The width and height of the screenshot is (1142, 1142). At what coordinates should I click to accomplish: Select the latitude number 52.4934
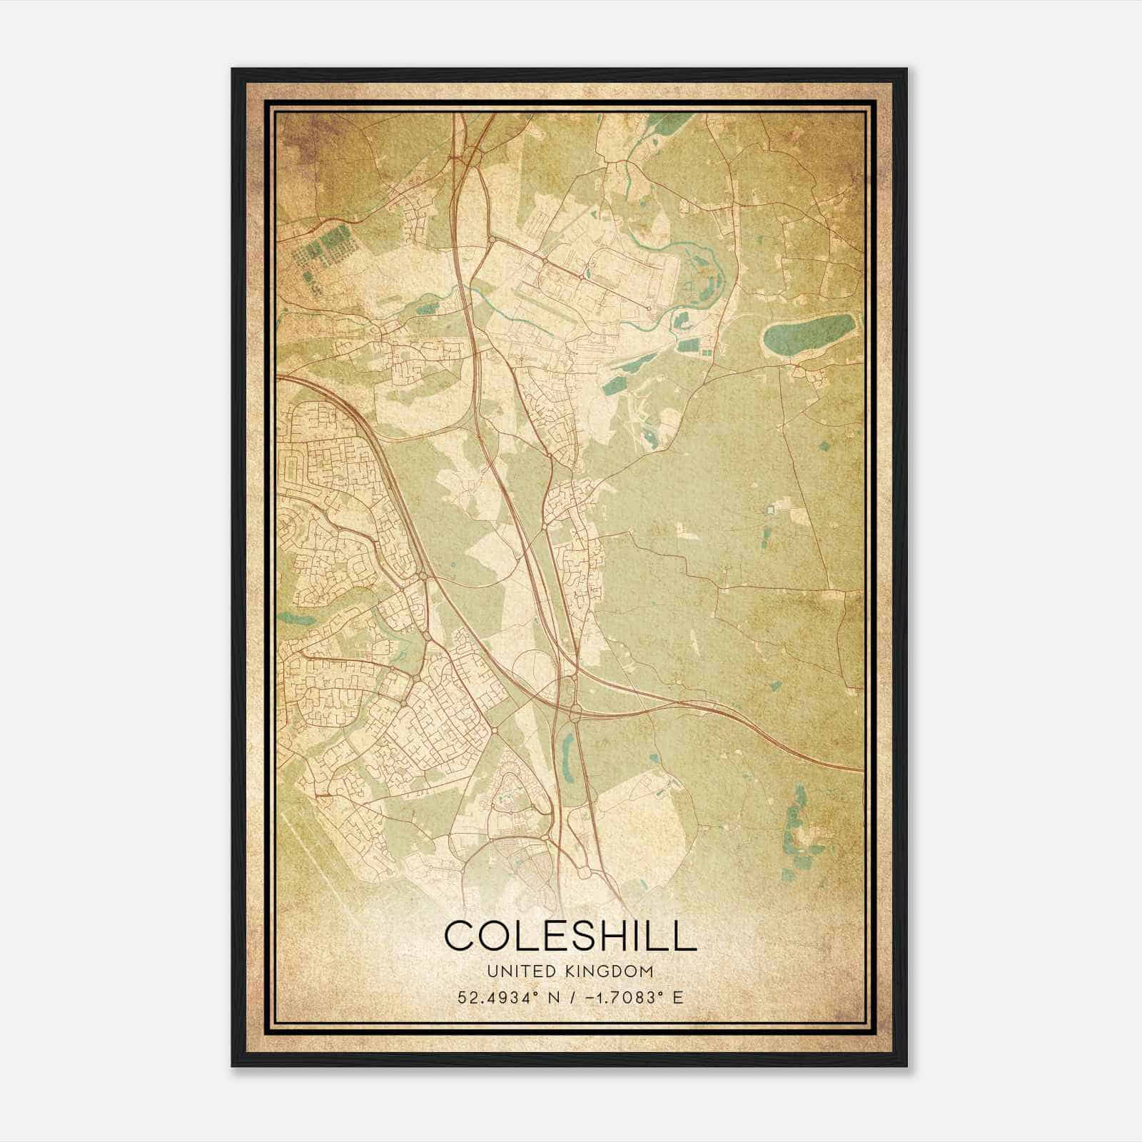[x=489, y=997]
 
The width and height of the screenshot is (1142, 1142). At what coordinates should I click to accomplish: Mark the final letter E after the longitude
[x=678, y=997]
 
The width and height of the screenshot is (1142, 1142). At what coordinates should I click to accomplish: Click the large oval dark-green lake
[x=808, y=333]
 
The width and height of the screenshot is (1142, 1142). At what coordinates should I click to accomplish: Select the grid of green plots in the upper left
[x=325, y=246]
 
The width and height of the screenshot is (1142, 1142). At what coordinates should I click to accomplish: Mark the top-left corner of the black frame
[x=233, y=70]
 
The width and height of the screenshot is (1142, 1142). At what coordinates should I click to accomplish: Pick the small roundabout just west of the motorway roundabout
[x=494, y=731]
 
